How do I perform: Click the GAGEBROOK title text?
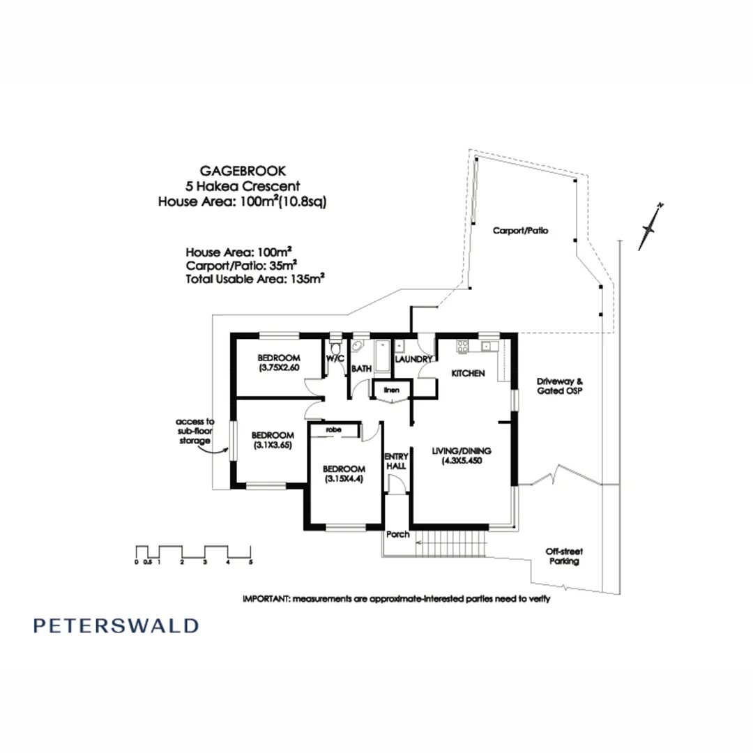click(x=243, y=170)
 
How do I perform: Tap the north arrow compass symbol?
click(x=651, y=226)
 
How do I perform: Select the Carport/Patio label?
click(x=520, y=230)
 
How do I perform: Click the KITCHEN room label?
click(x=468, y=374)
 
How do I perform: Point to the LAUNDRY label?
click(x=414, y=359)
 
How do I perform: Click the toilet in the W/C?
click(x=336, y=347)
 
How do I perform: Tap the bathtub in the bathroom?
click(x=383, y=356)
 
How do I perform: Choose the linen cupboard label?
click(x=392, y=390)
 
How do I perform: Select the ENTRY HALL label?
click(x=396, y=462)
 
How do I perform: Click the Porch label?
click(x=398, y=535)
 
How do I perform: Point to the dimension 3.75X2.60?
click(x=279, y=367)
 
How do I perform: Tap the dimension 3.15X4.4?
click(x=344, y=479)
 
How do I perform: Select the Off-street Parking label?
click(x=563, y=556)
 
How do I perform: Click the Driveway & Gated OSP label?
click(x=559, y=386)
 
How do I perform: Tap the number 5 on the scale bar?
click(x=250, y=561)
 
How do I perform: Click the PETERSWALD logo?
click(x=116, y=625)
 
